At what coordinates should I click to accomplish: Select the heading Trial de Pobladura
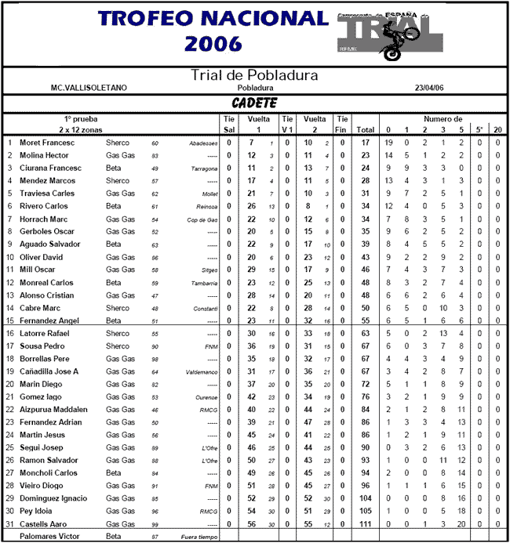[255, 76]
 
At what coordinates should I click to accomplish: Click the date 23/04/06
[431, 89]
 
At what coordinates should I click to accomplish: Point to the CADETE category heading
[254, 103]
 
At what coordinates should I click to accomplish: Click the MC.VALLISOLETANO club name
[89, 89]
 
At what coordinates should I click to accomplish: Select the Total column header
[365, 129]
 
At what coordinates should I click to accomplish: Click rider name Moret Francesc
[46, 143]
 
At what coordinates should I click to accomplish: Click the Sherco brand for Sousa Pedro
[118, 346]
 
